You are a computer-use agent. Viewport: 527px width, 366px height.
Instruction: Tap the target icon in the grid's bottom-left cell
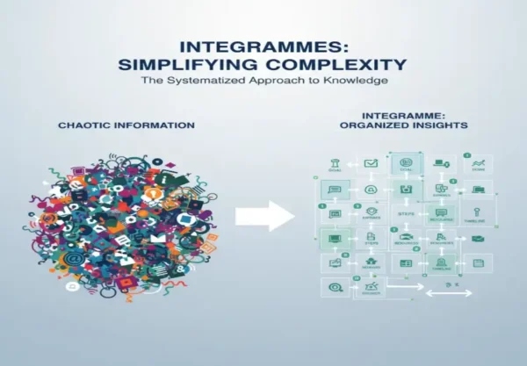(x=335, y=286)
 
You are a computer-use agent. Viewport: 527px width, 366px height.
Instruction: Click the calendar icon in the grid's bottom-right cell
(x=477, y=262)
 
